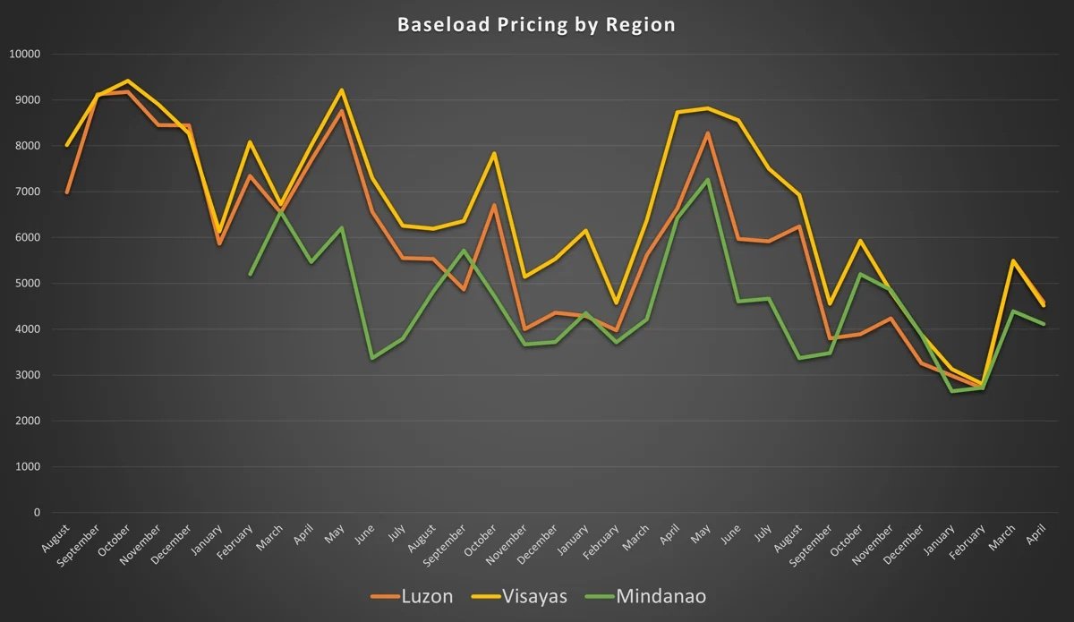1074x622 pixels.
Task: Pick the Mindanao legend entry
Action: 661,596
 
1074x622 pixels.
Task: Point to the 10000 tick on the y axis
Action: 24,54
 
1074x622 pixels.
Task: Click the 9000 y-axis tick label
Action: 27,100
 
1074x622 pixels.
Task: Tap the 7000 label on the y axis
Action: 27,192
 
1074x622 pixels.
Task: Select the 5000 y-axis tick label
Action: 27,284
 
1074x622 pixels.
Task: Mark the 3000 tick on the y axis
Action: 27,375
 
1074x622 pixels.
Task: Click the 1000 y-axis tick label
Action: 27,467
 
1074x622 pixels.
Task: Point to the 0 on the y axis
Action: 37,513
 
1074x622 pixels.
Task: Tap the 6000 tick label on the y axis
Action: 27,238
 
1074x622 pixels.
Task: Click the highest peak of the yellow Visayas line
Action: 128,81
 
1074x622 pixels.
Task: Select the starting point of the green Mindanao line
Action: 251,275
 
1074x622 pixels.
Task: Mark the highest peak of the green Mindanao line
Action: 708,180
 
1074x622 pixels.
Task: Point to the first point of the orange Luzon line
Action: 67,192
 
